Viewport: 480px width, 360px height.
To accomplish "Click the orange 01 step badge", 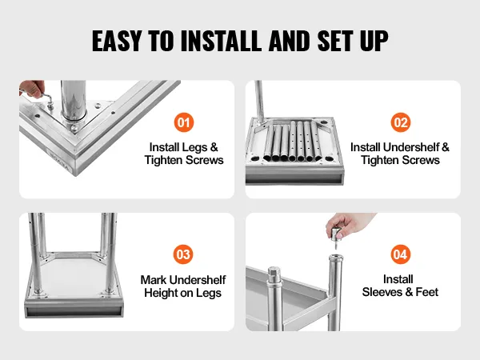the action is pyautogui.click(x=184, y=122).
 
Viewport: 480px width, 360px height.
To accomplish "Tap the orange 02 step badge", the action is pyautogui.click(x=401, y=122).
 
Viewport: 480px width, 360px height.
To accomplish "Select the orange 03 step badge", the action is pyautogui.click(x=183, y=254).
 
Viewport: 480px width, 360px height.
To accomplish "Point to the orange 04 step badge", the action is pyautogui.click(x=401, y=254).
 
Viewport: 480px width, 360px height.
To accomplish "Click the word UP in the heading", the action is pyautogui.click(x=374, y=41).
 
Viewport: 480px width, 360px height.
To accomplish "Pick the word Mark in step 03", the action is pyautogui.click(x=154, y=280).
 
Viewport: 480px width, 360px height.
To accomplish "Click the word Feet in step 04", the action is pyautogui.click(x=426, y=292).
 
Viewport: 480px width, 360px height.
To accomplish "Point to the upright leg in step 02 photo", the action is pyautogui.click(x=259, y=102).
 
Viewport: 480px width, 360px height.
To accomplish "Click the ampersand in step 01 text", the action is pyautogui.click(x=214, y=147).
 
